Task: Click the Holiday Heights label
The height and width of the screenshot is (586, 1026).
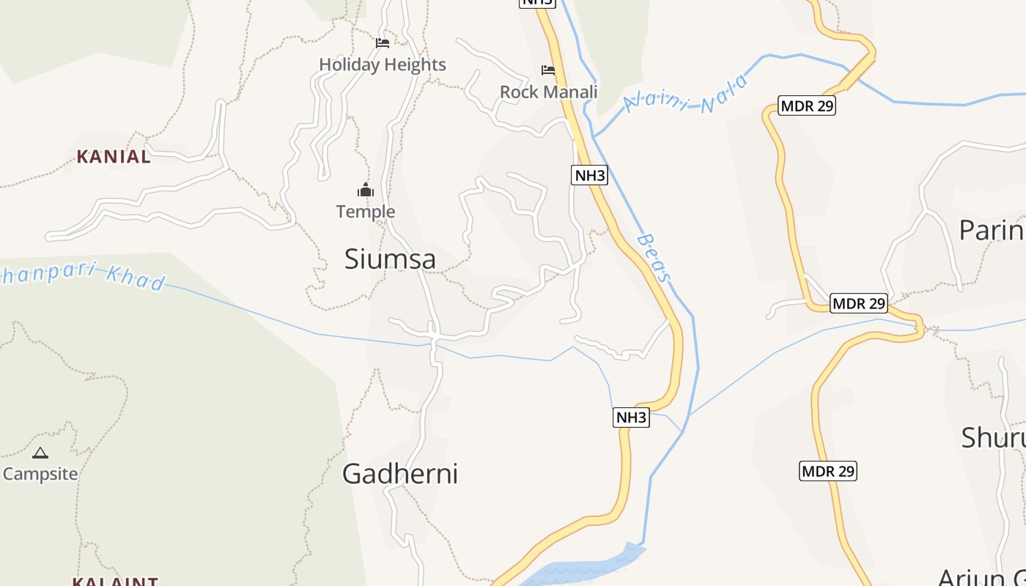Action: (383, 64)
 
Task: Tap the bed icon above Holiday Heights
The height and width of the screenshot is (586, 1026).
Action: (383, 43)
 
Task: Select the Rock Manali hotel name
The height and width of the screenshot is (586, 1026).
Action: (548, 92)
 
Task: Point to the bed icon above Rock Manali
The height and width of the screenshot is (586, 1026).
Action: (548, 70)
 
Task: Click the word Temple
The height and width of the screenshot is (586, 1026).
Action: (366, 212)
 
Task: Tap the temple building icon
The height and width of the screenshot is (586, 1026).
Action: (366, 191)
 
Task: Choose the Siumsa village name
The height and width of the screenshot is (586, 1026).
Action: (390, 259)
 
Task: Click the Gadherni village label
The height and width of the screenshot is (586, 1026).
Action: (400, 474)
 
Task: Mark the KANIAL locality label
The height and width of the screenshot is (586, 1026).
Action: (114, 156)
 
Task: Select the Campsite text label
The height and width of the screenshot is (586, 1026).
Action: (40, 474)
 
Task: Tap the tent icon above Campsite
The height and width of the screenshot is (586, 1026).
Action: (40, 453)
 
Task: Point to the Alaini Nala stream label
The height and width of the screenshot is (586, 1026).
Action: (686, 94)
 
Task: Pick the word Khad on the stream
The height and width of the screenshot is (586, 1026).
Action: (136, 279)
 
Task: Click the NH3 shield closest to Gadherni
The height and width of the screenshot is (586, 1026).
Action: (631, 418)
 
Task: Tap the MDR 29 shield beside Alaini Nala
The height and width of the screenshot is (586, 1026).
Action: (807, 105)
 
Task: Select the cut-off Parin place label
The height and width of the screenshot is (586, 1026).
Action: (992, 230)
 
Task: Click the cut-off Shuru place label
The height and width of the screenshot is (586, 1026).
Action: (993, 437)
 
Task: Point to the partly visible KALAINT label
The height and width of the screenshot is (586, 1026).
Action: (115, 582)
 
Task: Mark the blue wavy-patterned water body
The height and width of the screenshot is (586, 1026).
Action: (586, 568)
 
